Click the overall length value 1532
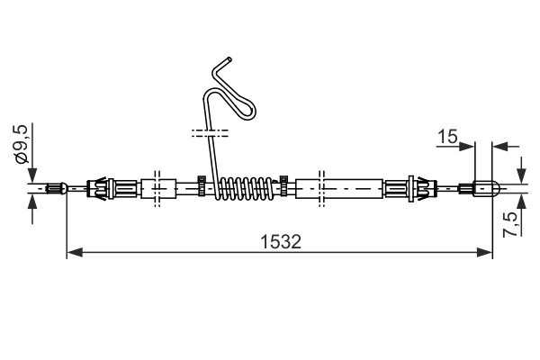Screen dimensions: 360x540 (279, 241)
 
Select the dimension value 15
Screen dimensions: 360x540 (446, 136)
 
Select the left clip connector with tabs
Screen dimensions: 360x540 (103, 188)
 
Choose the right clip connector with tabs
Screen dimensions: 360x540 (409, 188)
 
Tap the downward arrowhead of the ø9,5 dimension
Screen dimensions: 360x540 (33, 176)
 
